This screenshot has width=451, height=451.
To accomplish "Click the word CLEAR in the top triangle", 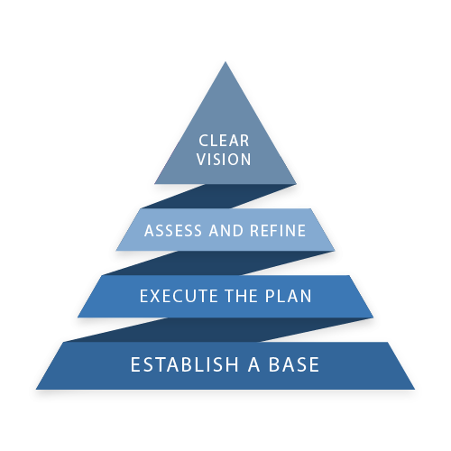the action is (224, 141).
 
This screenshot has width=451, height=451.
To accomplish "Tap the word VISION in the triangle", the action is (224, 159).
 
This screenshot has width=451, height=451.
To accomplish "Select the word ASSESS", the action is (173, 231).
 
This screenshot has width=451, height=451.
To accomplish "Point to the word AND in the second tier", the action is (226, 231).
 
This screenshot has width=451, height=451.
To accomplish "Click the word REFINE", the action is (278, 231).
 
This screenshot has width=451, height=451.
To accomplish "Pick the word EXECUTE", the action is (179, 296).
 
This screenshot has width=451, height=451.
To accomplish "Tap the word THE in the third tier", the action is (241, 296).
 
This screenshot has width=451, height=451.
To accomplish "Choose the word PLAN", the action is (288, 296).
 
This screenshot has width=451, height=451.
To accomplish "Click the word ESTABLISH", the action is (185, 364).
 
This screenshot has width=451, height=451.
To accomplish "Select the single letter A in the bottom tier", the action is (253, 364).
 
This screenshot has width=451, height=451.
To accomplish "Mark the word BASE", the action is (294, 364).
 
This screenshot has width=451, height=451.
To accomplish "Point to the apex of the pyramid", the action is (225, 62).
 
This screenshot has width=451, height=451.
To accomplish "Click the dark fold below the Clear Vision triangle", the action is (219, 196).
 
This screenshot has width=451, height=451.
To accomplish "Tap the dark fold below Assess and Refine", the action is (218, 263).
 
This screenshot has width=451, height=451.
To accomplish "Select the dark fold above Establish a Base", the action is (219, 330).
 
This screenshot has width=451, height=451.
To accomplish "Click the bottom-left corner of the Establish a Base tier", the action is (36, 390).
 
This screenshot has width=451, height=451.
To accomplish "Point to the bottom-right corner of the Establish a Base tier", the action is (415, 390).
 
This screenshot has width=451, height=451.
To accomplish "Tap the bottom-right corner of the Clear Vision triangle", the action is (297, 184).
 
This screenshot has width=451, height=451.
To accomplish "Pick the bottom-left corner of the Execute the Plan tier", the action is (78, 318).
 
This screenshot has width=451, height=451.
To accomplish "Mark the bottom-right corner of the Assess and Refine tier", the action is (335, 251).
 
